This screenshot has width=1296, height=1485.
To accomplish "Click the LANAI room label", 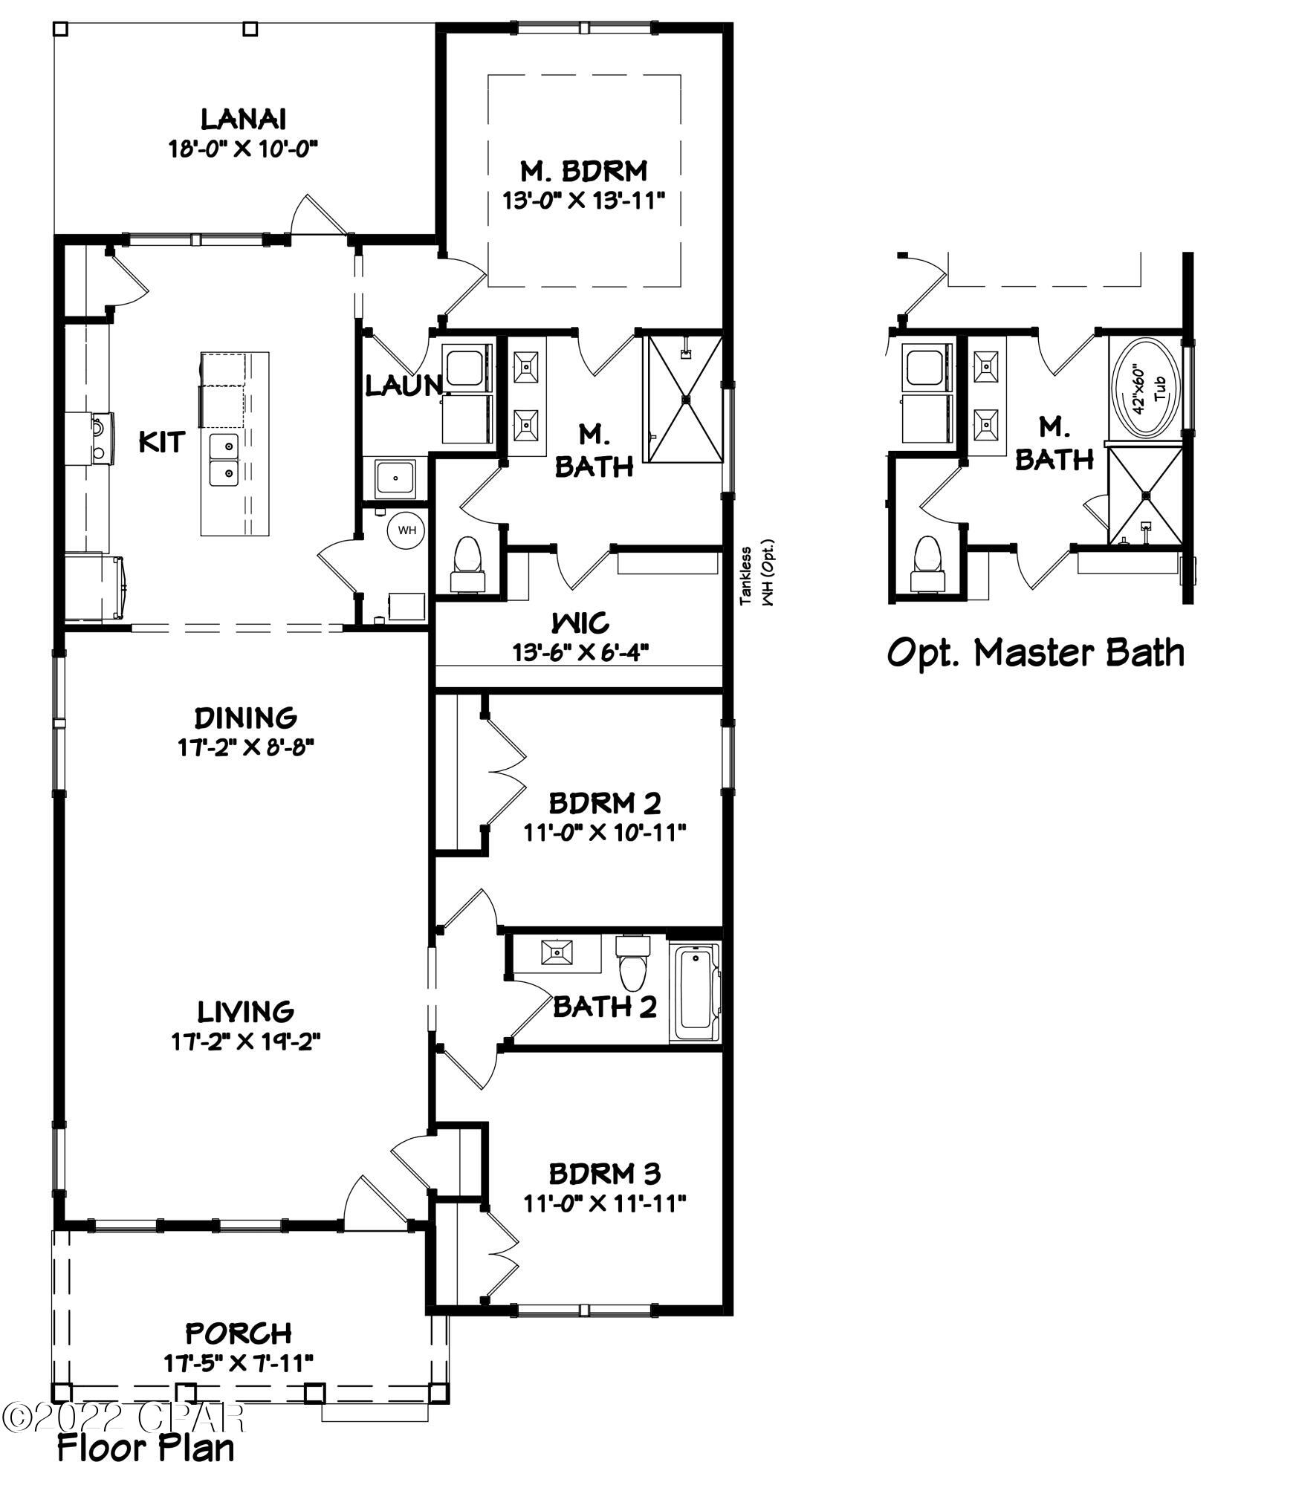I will pos(244,119).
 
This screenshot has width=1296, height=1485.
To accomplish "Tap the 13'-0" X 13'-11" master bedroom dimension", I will pos(583,201).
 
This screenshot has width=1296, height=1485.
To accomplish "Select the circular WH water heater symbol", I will pos(407,530).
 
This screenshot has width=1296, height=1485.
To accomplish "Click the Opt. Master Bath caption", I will pos(1036,653).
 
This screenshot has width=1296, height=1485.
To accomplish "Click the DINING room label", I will pos(246,718).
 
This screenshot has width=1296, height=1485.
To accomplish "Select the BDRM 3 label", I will pos(604,1174).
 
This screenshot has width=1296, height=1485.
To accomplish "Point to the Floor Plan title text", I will pos(146,1447).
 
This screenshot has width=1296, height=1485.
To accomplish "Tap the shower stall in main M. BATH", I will pos(685,398).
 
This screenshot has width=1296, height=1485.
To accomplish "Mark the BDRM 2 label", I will pos(604,803).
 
